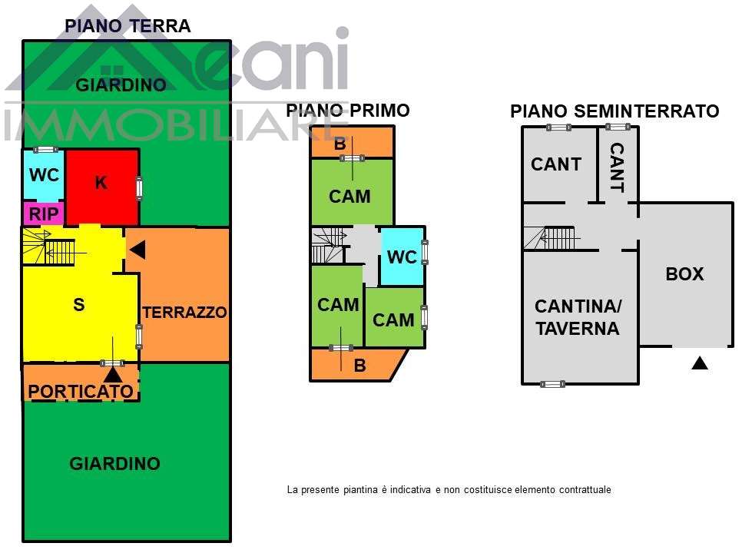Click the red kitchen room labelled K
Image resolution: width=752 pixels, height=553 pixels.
pos(101,184)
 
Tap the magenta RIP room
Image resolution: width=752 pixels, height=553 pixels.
pos(44,214)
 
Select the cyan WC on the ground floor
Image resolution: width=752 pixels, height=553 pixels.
pos(44,175)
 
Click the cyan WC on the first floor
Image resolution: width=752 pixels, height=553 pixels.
pos(402,257)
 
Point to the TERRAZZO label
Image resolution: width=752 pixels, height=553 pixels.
pos(184,313)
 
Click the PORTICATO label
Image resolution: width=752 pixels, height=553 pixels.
pos(80,391)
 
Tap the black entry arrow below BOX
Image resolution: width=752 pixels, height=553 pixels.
pos(699,363)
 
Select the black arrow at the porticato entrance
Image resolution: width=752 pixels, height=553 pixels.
pos(113,374)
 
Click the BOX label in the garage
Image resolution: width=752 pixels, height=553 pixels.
pos(684,274)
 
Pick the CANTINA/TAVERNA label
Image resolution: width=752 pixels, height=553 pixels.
pos(578,317)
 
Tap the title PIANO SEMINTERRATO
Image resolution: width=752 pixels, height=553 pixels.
pos(615,111)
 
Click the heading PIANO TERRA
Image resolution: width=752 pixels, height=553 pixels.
pos(128,26)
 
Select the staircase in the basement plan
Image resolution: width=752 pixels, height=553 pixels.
pos(550,238)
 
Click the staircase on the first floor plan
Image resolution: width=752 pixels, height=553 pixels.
pos(326,245)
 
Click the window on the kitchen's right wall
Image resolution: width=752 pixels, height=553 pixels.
pos(139,188)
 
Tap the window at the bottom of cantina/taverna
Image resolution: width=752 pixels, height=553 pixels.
pos(552,383)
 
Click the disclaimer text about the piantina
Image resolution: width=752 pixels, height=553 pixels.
pos(449,489)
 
